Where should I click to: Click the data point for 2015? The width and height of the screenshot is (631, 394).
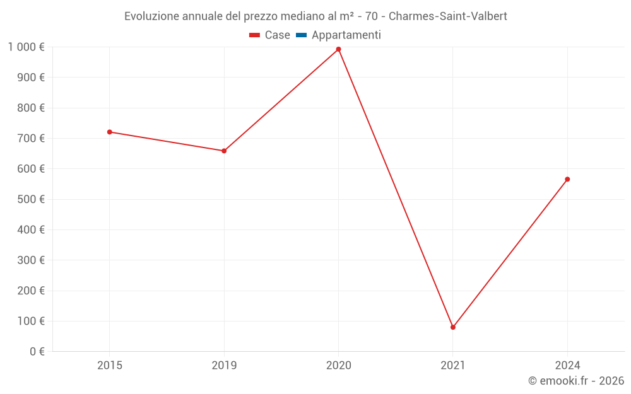coord(110,132)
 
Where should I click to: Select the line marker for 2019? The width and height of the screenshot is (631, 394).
coord(224,151)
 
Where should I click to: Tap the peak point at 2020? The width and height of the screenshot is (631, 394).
coord(338,49)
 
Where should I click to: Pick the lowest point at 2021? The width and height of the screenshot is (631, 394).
coord(453,327)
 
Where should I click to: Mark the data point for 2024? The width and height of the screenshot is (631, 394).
coord(567,179)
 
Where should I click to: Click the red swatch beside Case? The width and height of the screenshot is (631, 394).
coord(255,35)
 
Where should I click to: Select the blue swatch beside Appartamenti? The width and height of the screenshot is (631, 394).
coord(301,35)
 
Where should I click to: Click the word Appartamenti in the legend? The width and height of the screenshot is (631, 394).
coord(346,35)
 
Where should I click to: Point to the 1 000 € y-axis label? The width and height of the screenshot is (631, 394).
coord(26,47)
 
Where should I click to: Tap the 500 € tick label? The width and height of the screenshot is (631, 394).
coord(32,199)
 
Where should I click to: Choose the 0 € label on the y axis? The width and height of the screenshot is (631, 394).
coord(37,352)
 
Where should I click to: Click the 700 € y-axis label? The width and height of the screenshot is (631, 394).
coord(32,139)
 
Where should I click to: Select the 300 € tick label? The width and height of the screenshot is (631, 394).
coord(32,260)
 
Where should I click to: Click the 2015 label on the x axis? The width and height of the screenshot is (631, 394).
coord(110,365)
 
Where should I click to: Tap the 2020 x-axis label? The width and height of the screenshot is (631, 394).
coord(338,365)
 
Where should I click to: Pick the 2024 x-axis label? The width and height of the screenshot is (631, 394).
coord(567,365)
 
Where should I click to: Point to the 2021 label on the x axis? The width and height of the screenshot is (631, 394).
coord(453,365)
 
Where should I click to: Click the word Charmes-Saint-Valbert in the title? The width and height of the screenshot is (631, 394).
coord(448,16)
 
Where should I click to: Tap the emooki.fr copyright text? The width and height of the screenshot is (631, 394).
coord(576,381)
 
